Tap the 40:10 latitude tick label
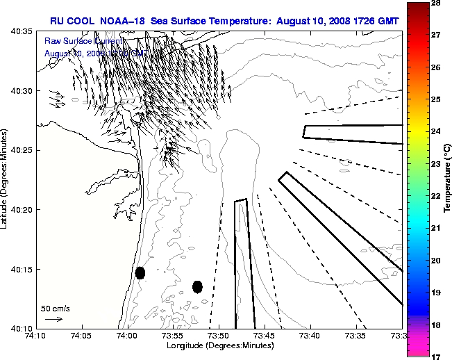20,328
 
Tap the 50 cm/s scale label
55,308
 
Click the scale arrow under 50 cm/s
53,319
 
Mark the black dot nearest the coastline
140,272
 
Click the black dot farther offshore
197,286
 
